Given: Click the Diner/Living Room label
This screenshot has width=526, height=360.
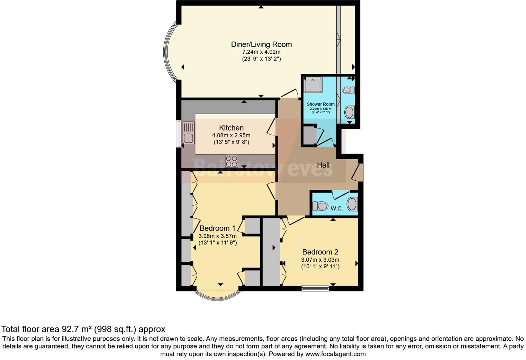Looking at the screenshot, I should point(261,44).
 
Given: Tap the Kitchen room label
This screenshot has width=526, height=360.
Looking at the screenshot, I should point(231,128).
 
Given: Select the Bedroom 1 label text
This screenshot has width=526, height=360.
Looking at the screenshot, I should point(217,228).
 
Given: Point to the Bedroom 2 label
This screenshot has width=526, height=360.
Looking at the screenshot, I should point(320,252).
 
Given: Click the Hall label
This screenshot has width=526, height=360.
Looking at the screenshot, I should point(323,165).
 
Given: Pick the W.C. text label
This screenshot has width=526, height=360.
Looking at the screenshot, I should point(337,208).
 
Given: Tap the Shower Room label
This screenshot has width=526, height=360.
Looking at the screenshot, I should point(320,104).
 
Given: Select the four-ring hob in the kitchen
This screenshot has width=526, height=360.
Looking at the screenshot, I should point(232,161).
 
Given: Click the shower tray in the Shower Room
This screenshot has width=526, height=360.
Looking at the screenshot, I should point(313,85).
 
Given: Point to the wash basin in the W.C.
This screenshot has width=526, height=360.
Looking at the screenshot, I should point(352,204).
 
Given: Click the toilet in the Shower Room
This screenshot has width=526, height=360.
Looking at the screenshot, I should point(348,90).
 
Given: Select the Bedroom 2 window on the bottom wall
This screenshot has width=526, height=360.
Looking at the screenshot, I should point(315,288).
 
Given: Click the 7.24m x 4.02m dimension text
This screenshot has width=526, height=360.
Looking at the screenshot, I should point(261,52).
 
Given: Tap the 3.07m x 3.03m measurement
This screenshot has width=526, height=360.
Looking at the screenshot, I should point(320,260).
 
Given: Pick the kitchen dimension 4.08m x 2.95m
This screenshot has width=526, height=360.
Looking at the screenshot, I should point(231,135).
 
